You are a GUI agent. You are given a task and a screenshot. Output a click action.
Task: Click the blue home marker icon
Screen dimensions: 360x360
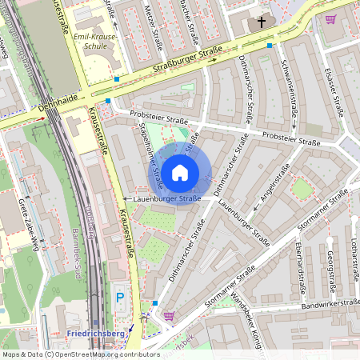tap(180, 172)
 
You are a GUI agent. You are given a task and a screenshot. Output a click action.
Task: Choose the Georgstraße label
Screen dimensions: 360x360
tap(330, 271)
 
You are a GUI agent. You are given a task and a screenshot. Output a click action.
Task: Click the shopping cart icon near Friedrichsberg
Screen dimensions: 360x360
tap(169, 315)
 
